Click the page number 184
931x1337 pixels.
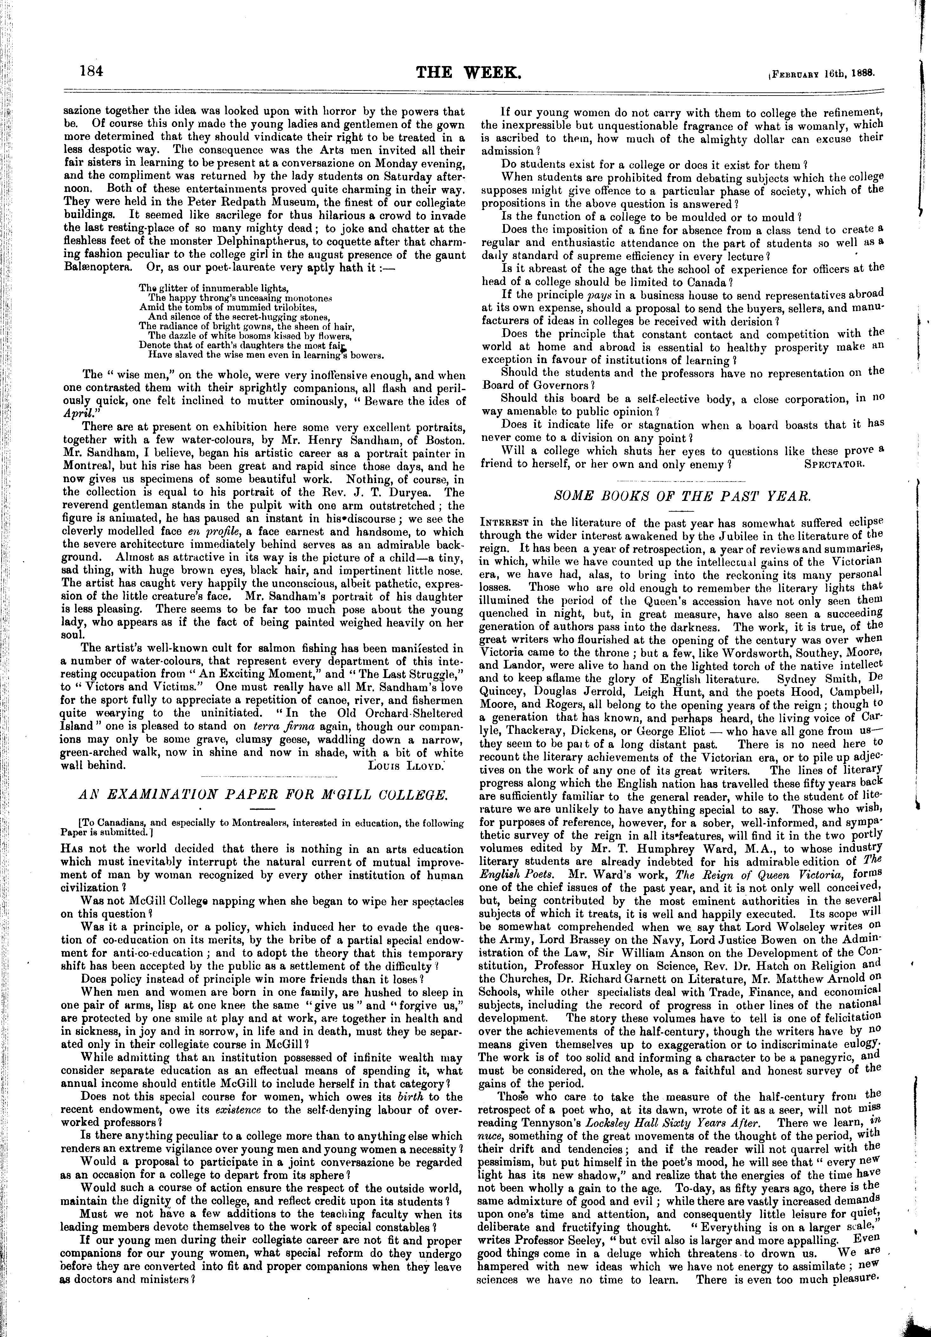(x=91, y=71)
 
